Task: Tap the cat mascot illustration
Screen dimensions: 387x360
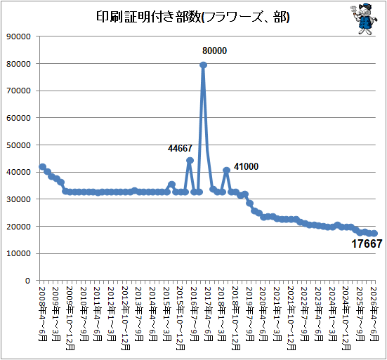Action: click(364, 18)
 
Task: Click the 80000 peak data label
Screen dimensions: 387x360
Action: click(214, 51)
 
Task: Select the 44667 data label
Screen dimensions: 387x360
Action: click(180, 148)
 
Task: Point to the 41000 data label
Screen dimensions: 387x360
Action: click(246, 167)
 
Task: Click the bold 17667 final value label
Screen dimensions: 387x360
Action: click(367, 244)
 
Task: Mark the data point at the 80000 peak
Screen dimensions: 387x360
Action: click(204, 65)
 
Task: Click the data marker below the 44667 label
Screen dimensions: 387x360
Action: click(190, 161)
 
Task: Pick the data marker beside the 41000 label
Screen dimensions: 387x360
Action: click(227, 170)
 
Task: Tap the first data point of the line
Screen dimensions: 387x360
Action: click(42, 167)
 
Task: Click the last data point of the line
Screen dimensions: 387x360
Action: click(374, 233)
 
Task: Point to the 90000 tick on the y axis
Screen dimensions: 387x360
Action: click(18, 36)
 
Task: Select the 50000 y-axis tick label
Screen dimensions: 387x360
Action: click(18, 145)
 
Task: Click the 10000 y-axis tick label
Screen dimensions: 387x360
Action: click(18, 253)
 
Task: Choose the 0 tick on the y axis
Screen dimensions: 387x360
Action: click(27, 281)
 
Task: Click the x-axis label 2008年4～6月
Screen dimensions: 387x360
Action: click(42, 314)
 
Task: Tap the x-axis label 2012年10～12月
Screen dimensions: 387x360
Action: click(126, 319)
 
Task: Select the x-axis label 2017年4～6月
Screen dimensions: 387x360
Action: click(209, 314)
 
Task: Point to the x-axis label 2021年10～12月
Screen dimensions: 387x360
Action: click(291, 319)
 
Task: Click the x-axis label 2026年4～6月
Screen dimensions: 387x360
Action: click(374, 314)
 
